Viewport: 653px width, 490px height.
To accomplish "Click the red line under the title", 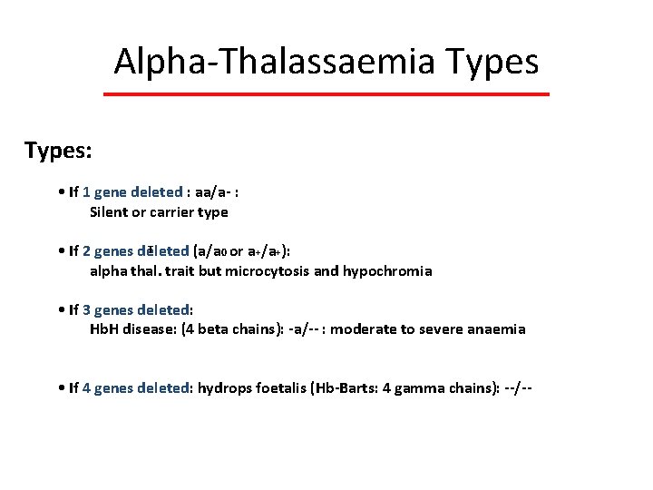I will coord(326,94).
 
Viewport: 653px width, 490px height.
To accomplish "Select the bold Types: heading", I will coord(58,150).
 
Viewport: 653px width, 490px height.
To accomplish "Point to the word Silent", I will coord(110,212).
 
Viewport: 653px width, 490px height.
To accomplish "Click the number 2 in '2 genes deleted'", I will coord(86,251).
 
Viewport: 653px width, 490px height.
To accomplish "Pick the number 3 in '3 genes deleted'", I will coord(86,310).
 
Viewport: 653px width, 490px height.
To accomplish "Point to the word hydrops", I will coord(226,388).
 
